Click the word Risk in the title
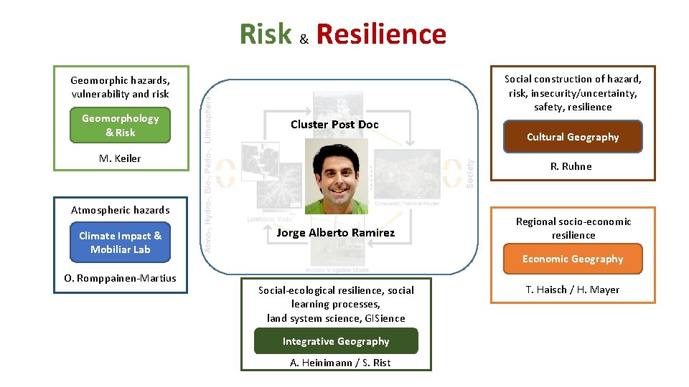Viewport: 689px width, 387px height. pyautogui.click(x=266, y=34)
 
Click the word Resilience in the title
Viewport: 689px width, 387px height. pyautogui.click(x=380, y=34)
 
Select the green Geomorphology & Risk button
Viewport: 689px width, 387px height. pyautogui.click(x=121, y=125)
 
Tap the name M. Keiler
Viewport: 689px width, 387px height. pyautogui.click(x=120, y=158)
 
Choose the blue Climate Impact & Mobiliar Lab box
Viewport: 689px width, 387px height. pyautogui.click(x=121, y=242)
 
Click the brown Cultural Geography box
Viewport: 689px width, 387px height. pyautogui.click(x=573, y=137)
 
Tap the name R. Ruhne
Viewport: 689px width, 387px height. pyautogui.click(x=571, y=166)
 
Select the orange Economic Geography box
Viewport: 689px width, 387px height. pyautogui.click(x=573, y=259)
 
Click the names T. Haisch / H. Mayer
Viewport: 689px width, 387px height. pyautogui.click(x=573, y=290)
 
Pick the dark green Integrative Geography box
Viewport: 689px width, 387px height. pyautogui.click(x=336, y=341)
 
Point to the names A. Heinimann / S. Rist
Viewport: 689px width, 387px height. pyautogui.click(x=340, y=363)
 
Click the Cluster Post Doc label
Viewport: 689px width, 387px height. pyautogui.click(x=334, y=124)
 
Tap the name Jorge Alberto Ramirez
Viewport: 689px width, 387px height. pyautogui.click(x=335, y=232)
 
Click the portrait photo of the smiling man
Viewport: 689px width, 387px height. pyautogui.click(x=336, y=176)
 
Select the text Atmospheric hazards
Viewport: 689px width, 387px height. pyautogui.click(x=121, y=210)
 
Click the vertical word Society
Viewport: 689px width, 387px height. pyautogui.click(x=470, y=173)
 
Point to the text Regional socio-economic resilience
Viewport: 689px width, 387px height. pyautogui.click(x=573, y=228)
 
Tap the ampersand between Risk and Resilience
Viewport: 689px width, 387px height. pyautogui.click(x=304, y=40)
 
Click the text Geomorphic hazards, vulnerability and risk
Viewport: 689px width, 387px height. pyautogui.click(x=121, y=87)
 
